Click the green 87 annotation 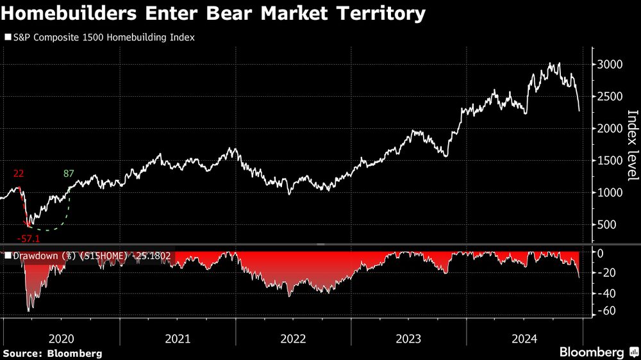point(69,174)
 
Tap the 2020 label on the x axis point(62,338)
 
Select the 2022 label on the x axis point(293,338)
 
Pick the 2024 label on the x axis point(524,338)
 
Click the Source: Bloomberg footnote point(53,353)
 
